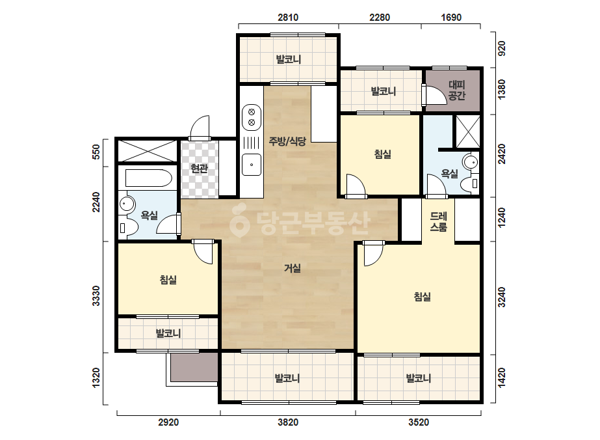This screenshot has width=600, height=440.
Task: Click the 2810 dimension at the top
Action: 288,17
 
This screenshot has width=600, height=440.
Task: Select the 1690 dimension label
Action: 451,17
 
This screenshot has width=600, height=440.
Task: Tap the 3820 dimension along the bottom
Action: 288,422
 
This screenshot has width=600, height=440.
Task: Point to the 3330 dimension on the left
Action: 96,296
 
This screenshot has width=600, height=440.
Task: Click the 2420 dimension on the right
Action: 502,154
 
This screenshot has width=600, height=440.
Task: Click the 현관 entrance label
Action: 199,169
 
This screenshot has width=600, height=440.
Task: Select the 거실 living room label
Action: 292,268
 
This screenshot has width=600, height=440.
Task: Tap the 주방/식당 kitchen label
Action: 287,141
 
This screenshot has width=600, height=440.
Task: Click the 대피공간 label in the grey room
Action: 456,90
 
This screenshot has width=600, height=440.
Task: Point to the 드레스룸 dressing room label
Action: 439,222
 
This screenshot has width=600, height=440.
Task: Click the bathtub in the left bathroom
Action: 148,178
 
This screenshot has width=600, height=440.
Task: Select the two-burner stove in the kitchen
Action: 252,117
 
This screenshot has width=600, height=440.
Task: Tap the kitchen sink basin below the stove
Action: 252,165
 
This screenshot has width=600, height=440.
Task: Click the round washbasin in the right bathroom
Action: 470,161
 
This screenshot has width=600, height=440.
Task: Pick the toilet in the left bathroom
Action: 127,227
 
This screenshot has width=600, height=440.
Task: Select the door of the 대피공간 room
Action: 434,94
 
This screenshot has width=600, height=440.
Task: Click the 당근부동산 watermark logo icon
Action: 240,221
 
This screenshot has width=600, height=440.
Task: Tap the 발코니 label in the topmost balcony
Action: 289,59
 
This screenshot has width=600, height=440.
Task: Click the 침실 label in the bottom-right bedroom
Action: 422,296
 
